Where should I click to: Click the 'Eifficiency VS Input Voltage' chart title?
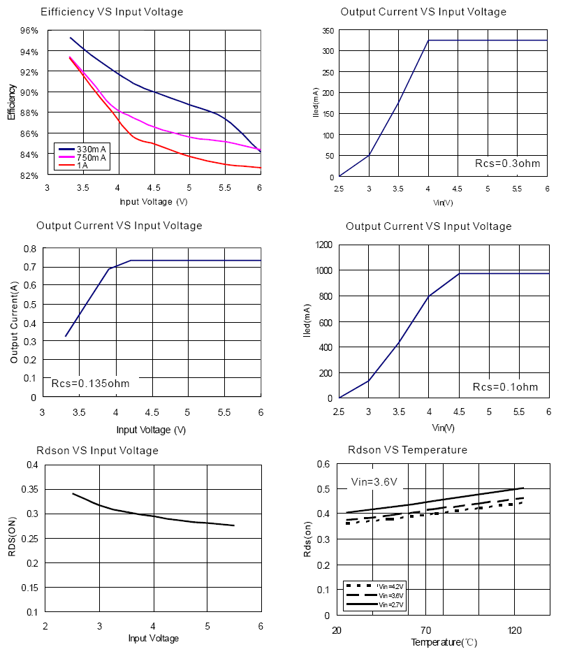click(x=112, y=12)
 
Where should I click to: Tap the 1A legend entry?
click(x=82, y=165)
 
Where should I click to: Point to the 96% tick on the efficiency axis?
click(x=29, y=31)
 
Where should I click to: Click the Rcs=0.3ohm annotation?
click(x=507, y=163)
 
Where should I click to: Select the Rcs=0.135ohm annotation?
click(x=90, y=383)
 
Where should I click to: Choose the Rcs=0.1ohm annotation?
click(x=505, y=386)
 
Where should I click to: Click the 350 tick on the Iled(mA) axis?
click(x=327, y=31)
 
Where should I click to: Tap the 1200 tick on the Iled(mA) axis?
click(x=323, y=245)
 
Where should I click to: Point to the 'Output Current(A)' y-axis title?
click(x=14, y=322)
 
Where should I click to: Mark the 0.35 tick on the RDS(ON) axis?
click(x=31, y=489)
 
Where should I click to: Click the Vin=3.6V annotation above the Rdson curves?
click(x=374, y=481)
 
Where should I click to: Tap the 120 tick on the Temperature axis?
click(x=515, y=630)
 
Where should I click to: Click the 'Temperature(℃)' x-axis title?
click(x=444, y=642)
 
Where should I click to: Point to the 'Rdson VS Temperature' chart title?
click(x=407, y=450)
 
